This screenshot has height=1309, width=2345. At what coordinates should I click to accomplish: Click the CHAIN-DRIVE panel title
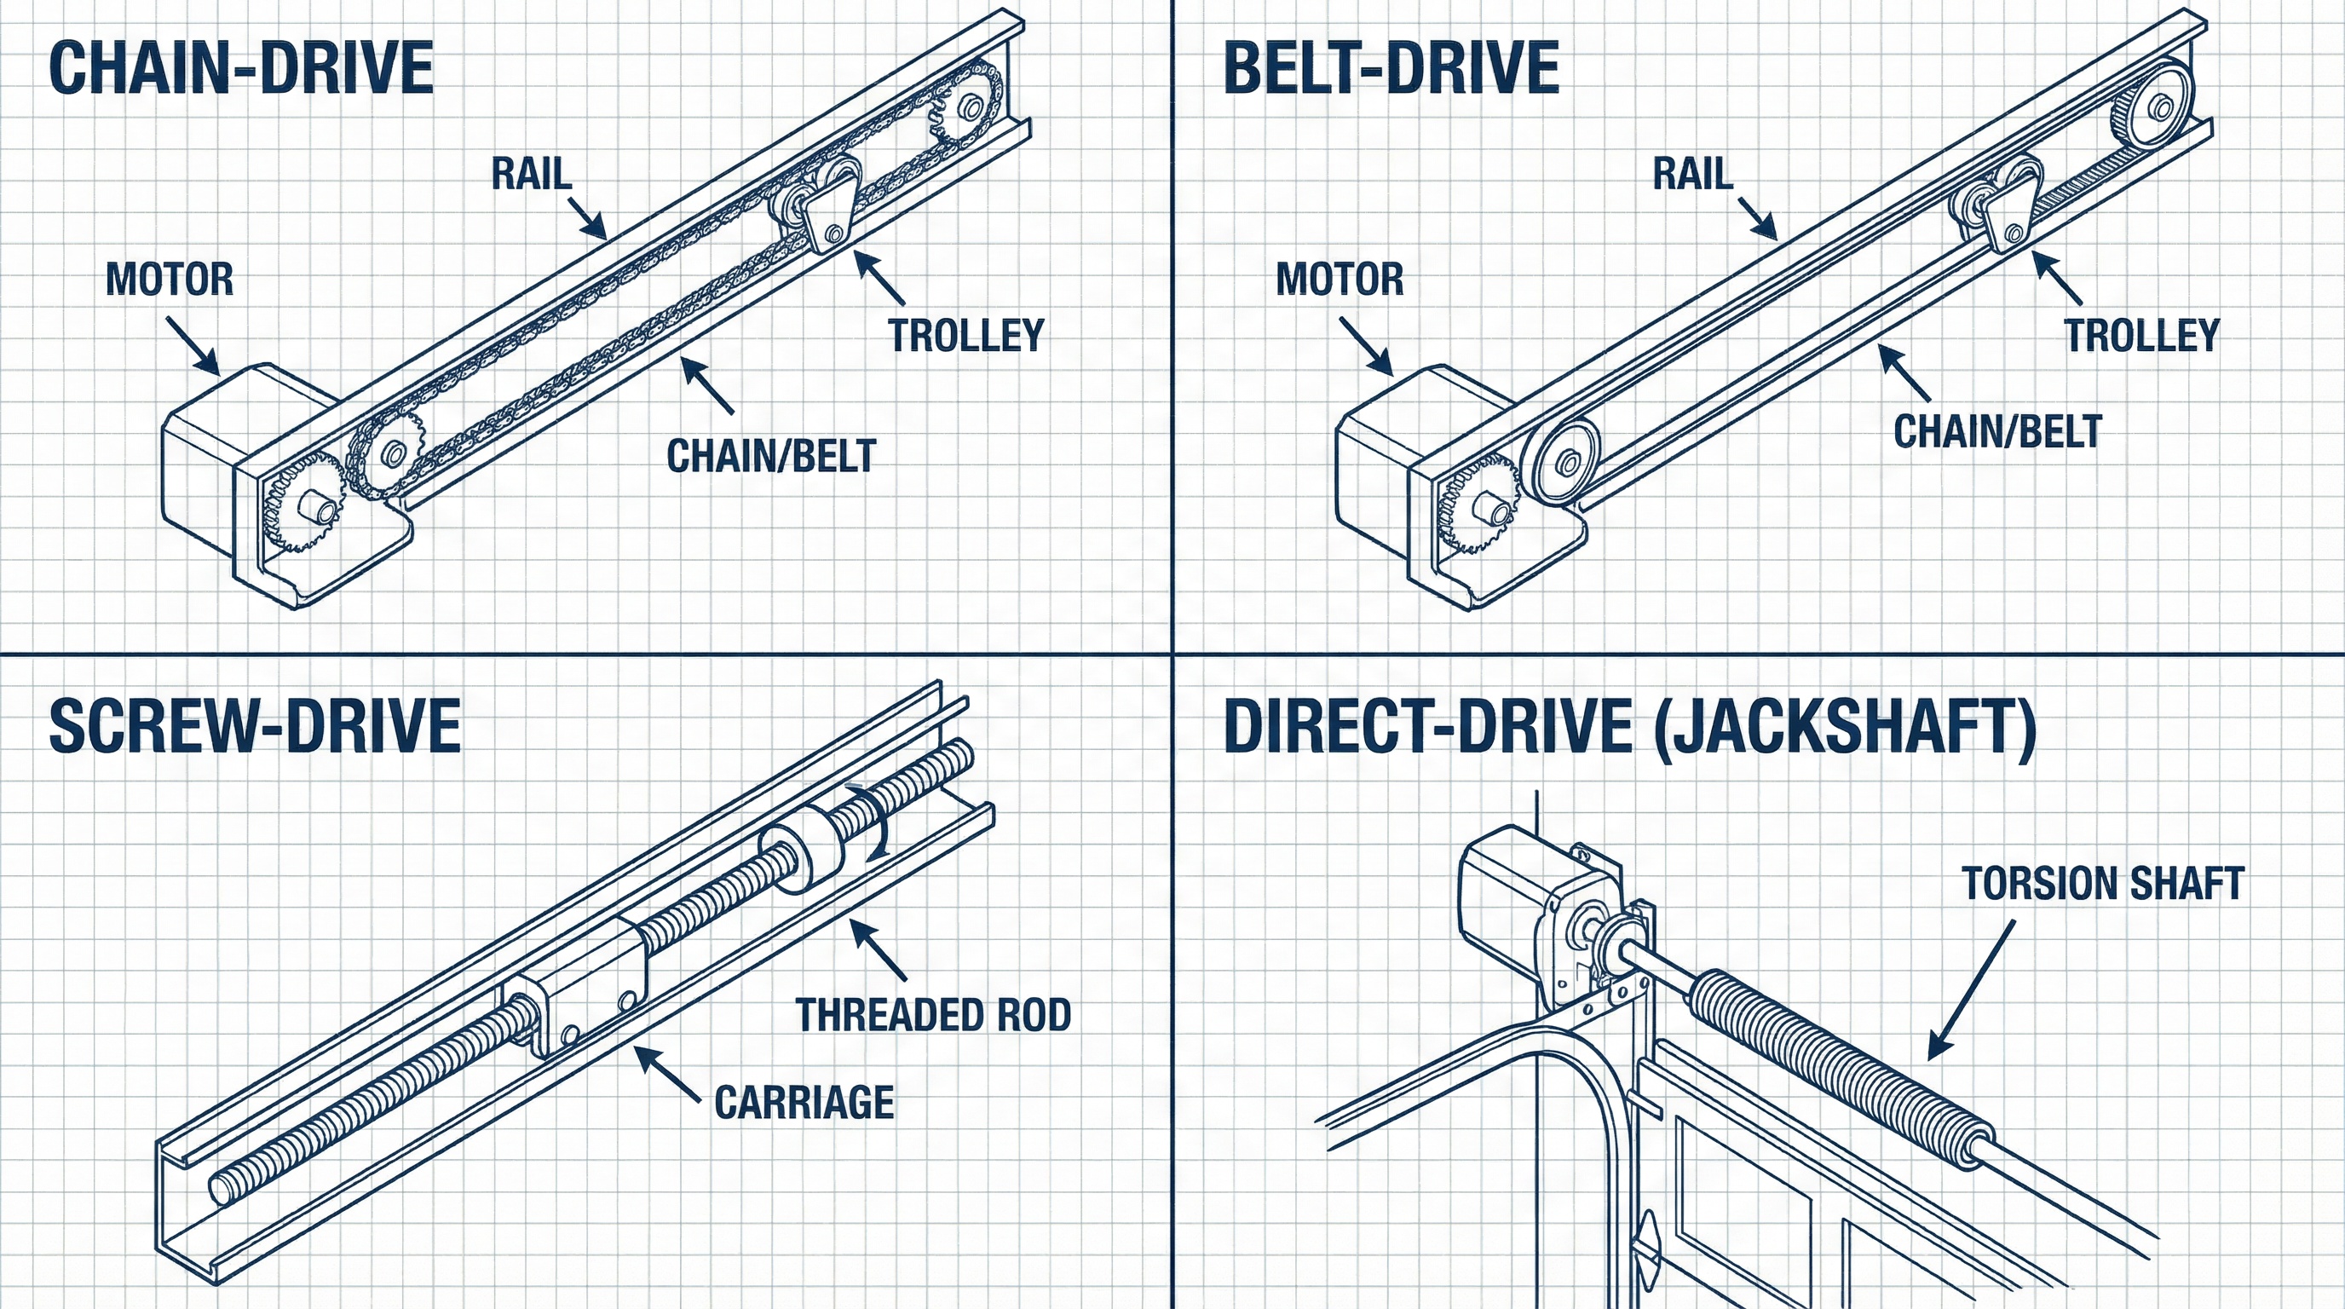click(x=241, y=68)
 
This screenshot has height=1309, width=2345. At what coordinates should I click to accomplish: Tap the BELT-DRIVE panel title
click(x=1391, y=68)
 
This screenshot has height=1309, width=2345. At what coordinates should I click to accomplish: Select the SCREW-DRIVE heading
click(x=255, y=726)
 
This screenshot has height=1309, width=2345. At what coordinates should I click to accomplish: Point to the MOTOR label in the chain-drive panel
click(x=170, y=280)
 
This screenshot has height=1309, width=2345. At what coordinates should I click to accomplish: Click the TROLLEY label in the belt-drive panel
click(x=2141, y=335)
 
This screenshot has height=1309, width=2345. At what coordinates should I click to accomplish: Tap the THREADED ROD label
click(x=933, y=1015)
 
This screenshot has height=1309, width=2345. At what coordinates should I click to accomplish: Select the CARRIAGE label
click(x=804, y=1103)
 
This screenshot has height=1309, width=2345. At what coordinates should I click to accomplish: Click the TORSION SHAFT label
click(x=2103, y=884)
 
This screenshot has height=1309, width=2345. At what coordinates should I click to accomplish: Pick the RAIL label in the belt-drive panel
click(x=1692, y=174)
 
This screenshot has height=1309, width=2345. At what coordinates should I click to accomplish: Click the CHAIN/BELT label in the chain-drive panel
click(x=771, y=456)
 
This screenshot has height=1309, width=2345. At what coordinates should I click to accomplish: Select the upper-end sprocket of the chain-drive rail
click(x=968, y=107)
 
